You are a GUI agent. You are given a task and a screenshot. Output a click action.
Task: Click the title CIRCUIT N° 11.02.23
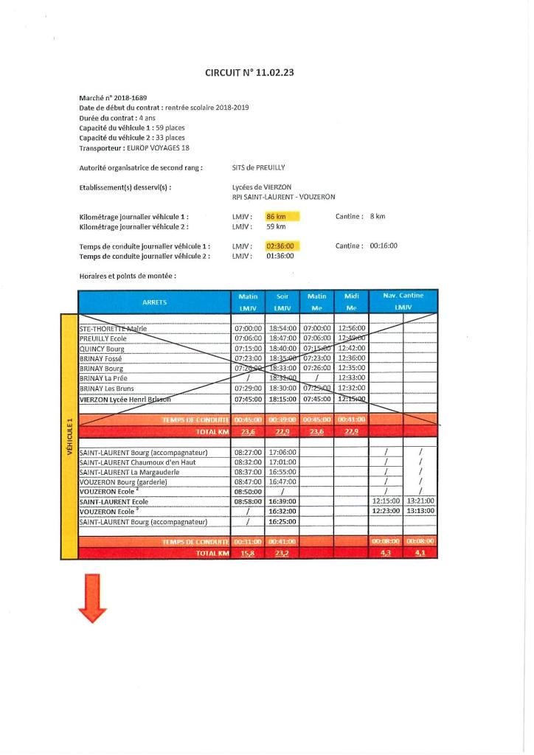[254, 72]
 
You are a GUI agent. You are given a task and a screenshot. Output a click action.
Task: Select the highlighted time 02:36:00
[280, 246]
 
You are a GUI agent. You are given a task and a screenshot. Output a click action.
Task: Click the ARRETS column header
[154, 302]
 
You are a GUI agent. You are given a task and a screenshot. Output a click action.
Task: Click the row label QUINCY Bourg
[102, 349]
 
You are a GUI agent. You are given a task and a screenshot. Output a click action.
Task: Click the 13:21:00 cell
[420, 501]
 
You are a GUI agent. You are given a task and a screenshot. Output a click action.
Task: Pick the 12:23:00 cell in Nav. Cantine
[386, 510]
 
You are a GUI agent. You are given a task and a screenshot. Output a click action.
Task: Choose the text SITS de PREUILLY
[258, 167]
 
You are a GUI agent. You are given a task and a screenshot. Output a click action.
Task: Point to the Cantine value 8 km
[378, 217]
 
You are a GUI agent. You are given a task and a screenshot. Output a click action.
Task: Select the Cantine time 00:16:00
[384, 246]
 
